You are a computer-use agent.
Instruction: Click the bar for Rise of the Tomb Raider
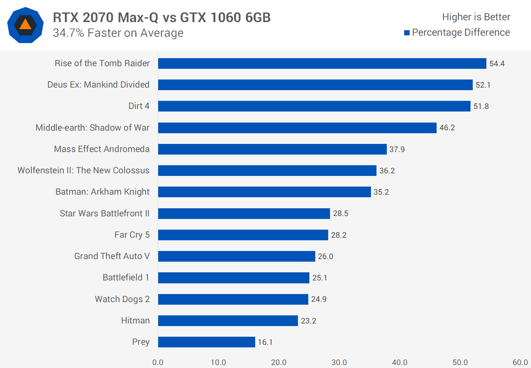click(x=322, y=63)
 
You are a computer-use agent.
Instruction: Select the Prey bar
click(x=206, y=342)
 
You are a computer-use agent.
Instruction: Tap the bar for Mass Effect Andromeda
click(x=272, y=149)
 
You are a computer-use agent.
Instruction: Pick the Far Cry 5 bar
click(x=243, y=235)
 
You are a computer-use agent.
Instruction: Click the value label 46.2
click(x=447, y=128)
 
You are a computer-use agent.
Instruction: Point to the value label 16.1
click(x=265, y=342)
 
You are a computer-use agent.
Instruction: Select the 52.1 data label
click(x=483, y=85)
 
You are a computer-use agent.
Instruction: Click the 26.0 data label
click(x=325, y=256)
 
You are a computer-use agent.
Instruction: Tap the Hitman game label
click(x=135, y=321)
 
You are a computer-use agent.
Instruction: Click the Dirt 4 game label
click(x=139, y=106)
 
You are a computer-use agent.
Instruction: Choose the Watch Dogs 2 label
click(x=122, y=299)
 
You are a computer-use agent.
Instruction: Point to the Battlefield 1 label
click(x=126, y=277)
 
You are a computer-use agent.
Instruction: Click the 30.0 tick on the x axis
click(x=339, y=362)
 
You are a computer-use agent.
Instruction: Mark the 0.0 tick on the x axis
click(x=158, y=362)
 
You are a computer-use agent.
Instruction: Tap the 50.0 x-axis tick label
click(x=460, y=362)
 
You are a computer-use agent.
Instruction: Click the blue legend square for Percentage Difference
click(x=407, y=33)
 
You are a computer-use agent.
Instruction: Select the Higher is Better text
click(x=476, y=17)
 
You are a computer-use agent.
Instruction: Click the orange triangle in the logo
click(x=25, y=25)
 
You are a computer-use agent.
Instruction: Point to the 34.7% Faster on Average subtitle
click(x=118, y=33)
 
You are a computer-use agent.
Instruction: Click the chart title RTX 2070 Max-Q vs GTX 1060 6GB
click(x=162, y=17)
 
